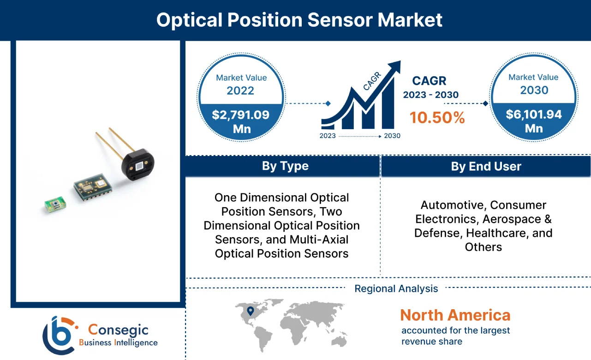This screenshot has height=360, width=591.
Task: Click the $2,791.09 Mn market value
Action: [x=240, y=121]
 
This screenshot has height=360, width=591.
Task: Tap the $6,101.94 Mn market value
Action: [x=534, y=121]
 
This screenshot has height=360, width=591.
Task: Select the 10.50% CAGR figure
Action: [x=437, y=118]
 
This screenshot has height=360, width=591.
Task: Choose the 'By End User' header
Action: [x=486, y=167]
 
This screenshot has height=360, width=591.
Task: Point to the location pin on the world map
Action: [x=251, y=312]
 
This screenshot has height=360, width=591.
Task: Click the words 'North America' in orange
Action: [x=455, y=315]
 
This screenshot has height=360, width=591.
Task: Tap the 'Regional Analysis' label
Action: [x=396, y=289]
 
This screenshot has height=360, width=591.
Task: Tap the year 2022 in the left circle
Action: [x=240, y=90]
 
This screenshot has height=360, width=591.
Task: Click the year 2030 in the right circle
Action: [x=534, y=90]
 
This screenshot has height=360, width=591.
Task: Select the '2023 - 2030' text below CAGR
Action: [x=430, y=95]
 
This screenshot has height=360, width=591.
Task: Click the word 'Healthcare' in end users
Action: [x=499, y=233]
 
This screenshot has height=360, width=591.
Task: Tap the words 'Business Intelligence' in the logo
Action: [x=118, y=342]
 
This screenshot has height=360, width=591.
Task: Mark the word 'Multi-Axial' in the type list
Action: [x=319, y=240]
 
